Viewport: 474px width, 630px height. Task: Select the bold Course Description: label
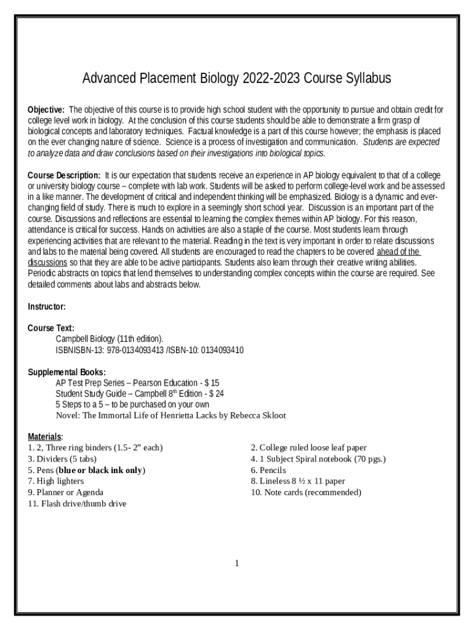(x=65, y=175)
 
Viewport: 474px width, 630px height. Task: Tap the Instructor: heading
(x=47, y=306)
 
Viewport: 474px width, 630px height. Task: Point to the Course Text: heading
(x=51, y=328)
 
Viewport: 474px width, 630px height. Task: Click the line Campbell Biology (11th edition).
(x=110, y=339)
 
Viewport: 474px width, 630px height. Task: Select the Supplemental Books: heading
(x=66, y=372)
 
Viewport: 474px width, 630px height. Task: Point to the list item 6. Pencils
(x=268, y=470)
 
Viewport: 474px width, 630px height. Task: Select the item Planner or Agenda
(x=70, y=492)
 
